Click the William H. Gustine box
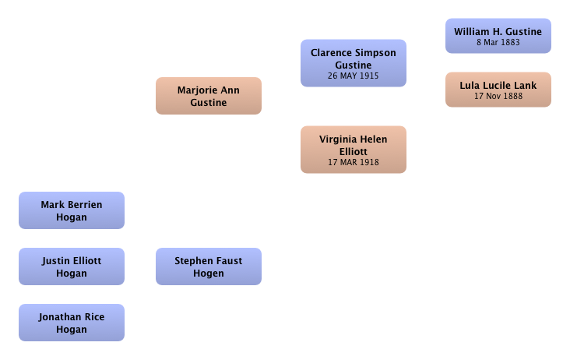(x=498, y=36)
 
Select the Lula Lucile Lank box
(x=498, y=90)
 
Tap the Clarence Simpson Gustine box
(x=354, y=63)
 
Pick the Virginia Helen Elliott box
(x=354, y=150)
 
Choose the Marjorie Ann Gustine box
(x=209, y=96)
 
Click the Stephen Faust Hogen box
(x=209, y=266)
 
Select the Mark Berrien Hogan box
(x=72, y=210)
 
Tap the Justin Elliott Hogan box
(x=72, y=266)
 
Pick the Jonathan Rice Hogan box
(x=72, y=323)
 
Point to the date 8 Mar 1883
(x=498, y=42)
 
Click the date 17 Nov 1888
(x=498, y=96)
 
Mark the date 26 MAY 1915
(x=354, y=76)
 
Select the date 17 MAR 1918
(x=354, y=162)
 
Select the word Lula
(x=468, y=86)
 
